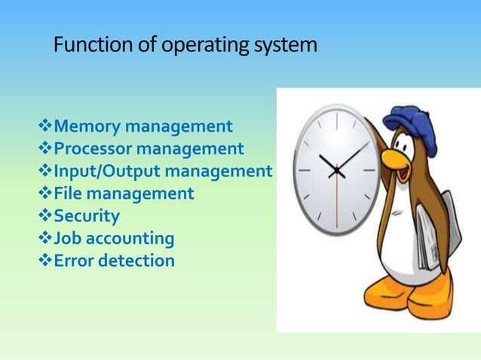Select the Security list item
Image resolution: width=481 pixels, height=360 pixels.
pyautogui.click(x=87, y=217)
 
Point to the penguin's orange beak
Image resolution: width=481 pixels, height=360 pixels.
pyautogui.click(x=395, y=160)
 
